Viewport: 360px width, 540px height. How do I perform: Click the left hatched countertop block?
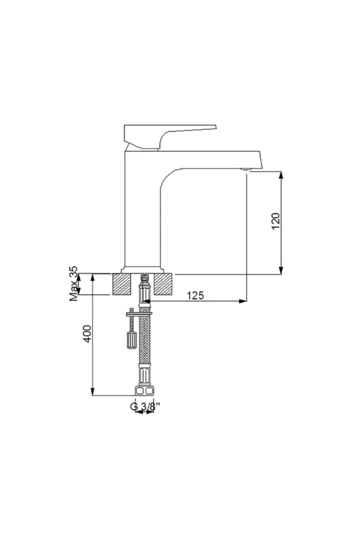click(x=122, y=284)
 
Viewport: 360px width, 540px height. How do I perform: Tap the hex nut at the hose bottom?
click(x=144, y=391)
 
